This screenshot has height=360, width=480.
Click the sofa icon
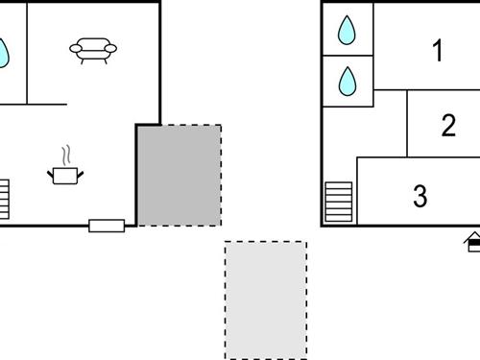tap(93, 51)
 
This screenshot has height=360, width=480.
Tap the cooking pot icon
tap(65, 175)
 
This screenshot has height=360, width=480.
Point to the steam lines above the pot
tap(65, 155)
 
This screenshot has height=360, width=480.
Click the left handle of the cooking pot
tap(51, 172)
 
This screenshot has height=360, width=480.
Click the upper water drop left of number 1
tap(347, 30)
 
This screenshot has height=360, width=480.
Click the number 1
tap(439, 51)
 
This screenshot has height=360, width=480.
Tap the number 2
tap(448, 126)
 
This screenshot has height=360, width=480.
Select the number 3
tap(420, 197)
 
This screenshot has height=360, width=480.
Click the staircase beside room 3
tap(339, 202)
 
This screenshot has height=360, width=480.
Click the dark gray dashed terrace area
tap(179, 175)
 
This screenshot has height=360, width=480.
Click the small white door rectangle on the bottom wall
tap(107, 226)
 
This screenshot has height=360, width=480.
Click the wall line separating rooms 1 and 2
tap(442, 90)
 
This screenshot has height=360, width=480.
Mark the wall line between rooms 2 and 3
tap(422, 156)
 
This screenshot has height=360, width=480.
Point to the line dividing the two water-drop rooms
tap(347, 55)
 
